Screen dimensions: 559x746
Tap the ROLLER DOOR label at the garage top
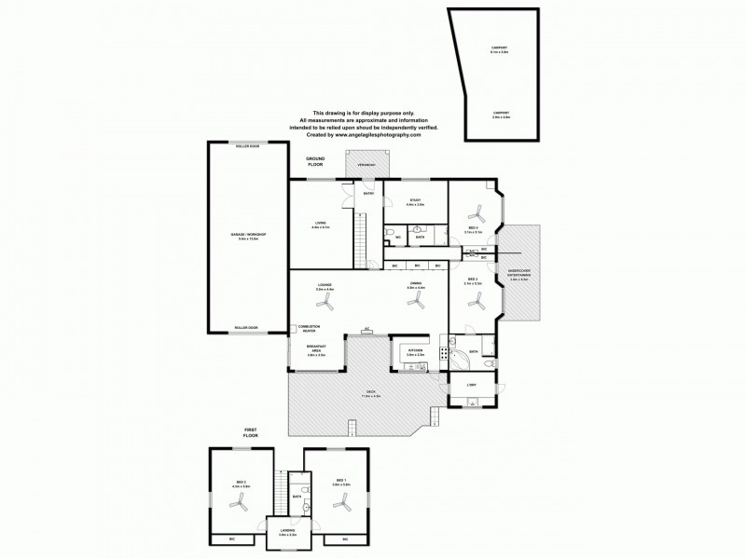247,146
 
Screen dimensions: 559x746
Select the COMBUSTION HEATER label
309,328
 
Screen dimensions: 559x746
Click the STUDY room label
415,202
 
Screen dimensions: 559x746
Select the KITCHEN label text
415,352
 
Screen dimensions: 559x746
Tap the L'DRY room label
472,385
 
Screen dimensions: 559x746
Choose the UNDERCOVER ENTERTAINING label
519,277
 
